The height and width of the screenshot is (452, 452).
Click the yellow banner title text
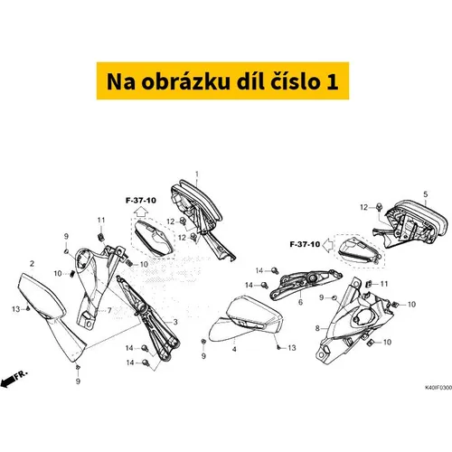[222, 81]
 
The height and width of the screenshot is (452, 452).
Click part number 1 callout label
[197, 174]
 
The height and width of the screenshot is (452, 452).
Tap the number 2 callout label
[33, 264]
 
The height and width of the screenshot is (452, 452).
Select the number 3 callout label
[175, 322]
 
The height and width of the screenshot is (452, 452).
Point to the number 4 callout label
[234, 349]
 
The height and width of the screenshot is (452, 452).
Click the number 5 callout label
[426, 194]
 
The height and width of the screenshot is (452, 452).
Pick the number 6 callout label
[300, 302]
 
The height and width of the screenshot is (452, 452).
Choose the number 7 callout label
[109, 310]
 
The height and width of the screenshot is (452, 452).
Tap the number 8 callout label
[317, 328]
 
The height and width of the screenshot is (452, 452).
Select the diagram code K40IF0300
[438, 387]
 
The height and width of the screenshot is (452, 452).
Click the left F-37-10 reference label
[141, 201]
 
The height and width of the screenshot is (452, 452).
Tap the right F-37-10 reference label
[305, 244]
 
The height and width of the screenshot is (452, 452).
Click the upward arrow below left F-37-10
[141, 212]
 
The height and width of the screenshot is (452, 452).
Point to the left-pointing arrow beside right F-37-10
[328, 245]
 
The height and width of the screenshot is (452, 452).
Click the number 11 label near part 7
[101, 221]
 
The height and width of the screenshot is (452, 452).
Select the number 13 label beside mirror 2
[15, 309]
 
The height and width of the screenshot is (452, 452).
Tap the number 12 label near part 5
[364, 207]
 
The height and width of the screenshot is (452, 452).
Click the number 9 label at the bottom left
[78, 381]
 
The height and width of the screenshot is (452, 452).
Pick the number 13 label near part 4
[292, 348]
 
